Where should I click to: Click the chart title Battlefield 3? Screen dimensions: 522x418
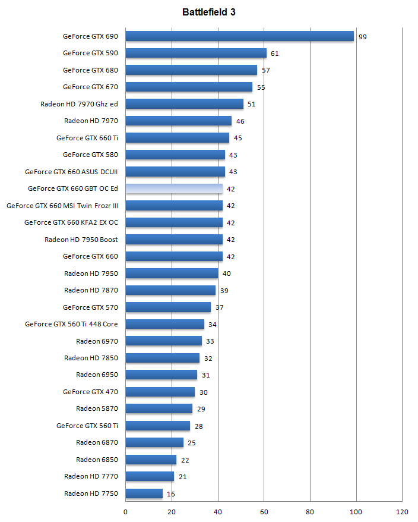coord(209,12)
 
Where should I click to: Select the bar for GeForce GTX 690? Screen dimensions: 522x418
coord(239,36)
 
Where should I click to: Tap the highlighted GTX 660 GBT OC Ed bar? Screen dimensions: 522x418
coord(174,189)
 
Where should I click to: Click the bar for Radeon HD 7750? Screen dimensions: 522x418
coord(144,493)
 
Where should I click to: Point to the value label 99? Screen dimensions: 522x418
coord(363,37)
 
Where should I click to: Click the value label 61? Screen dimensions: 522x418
coord(275,54)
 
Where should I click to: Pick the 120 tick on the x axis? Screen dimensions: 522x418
coord(402,511)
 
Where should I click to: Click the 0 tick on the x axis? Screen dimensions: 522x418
coord(126,511)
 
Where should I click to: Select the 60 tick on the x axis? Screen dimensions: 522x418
coord(264,511)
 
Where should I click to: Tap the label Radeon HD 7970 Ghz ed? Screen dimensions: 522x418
coord(79,104)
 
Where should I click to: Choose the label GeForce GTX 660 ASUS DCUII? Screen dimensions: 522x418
coord(71,172)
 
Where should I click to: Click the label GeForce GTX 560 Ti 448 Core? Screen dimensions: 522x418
coord(71,324)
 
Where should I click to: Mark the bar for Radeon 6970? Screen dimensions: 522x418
coord(164,341)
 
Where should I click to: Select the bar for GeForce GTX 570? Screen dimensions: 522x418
coord(168,307)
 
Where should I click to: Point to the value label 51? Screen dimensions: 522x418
coord(252,105)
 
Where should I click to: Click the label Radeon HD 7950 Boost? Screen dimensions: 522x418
coord(81,240)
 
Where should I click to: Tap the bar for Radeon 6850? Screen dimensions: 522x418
coord(151,460)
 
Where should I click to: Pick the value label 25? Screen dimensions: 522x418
coord(192,443)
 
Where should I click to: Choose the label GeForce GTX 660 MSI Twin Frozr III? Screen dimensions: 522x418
coord(62,206)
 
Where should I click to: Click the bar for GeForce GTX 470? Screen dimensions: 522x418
coord(160,392)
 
